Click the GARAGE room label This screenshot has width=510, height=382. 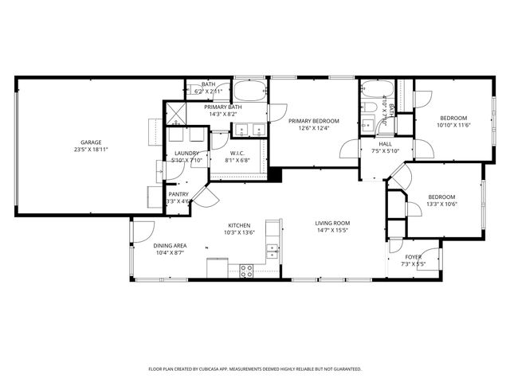(91, 143)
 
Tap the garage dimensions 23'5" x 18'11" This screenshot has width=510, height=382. (91, 150)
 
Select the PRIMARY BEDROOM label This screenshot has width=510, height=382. (313, 121)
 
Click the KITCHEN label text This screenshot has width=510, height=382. (240, 225)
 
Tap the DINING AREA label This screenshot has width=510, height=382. (170, 245)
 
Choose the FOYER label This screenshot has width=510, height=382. (413, 257)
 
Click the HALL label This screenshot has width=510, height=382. (386, 144)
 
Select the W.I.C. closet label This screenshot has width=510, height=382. (237, 153)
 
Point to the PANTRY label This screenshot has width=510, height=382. (178, 194)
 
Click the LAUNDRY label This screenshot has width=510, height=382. (186, 153)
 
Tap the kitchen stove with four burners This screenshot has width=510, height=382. (246, 271)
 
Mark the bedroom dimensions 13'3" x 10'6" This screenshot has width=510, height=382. (441, 204)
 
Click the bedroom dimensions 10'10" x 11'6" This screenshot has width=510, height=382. (454, 125)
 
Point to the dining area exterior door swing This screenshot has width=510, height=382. (141, 230)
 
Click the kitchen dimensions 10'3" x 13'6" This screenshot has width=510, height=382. (240, 232)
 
